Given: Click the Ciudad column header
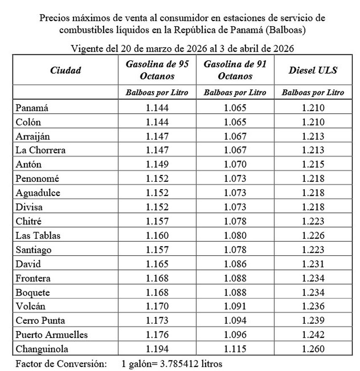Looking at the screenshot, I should pyautogui.click(x=65, y=70).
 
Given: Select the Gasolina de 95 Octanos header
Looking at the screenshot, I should pyautogui.click(x=157, y=70).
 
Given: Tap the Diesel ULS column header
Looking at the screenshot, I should pyautogui.click(x=313, y=70).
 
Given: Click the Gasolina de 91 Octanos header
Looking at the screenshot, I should pyautogui.click(x=235, y=70).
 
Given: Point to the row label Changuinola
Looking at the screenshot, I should pyautogui.click(x=42, y=349).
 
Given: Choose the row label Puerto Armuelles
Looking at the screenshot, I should pyautogui.click(x=52, y=335).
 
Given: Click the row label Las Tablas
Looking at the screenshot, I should pyautogui.click(x=38, y=235).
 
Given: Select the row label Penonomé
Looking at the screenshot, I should pyautogui.click(x=37, y=179).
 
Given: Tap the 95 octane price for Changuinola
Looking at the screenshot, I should pyautogui.click(x=157, y=349).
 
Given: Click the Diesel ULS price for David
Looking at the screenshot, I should pyautogui.click(x=313, y=264).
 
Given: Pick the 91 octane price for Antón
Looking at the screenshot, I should pyautogui.click(x=235, y=164).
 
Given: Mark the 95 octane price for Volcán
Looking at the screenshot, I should pyautogui.click(x=157, y=306).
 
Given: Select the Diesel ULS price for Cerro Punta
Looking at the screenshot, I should pyautogui.click(x=313, y=320).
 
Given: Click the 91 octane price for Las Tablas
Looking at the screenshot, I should pyautogui.click(x=235, y=235).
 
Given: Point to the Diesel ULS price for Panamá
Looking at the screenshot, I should pyautogui.click(x=313, y=108).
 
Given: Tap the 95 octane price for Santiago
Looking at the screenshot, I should pyautogui.click(x=157, y=250).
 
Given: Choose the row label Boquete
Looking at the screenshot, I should pyautogui.click(x=32, y=292).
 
